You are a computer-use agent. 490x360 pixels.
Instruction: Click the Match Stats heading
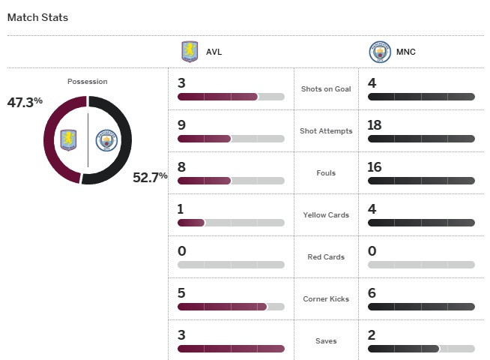click(37, 16)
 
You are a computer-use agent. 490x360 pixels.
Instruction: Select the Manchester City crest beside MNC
click(380, 52)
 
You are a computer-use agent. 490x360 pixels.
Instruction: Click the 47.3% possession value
click(25, 101)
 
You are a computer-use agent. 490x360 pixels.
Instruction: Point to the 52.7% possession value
click(150, 178)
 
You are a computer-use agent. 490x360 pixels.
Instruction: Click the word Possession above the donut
click(87, 82)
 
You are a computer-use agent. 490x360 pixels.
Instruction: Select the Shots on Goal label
click(325, 89)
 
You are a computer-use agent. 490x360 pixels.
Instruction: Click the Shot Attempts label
click(325, 131)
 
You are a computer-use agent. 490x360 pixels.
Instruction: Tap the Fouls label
click(325, 173)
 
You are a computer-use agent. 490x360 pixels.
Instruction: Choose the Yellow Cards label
click(325, 215)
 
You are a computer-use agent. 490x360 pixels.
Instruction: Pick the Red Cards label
click(325, 257)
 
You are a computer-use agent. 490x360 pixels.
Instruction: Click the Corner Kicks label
click(325, 299)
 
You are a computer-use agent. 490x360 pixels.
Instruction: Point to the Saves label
click(325, 341)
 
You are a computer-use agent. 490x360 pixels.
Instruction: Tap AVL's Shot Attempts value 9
click(182, 124)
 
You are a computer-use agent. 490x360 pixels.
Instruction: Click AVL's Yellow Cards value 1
click(181, 208)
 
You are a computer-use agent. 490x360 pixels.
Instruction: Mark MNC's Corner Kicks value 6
click(372, 292)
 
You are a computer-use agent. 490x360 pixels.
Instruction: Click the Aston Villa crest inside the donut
click(70, 140)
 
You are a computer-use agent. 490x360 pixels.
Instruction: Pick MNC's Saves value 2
click(372, 334)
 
